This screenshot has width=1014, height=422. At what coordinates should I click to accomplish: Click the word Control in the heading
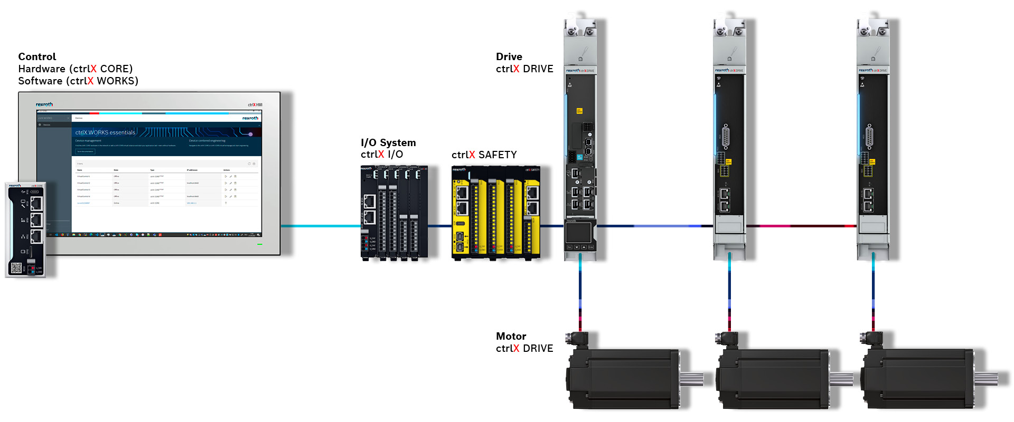pyautogui.click(x=37, y=56)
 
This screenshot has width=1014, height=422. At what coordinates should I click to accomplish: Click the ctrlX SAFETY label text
pyautogui.click(x=484, y=155)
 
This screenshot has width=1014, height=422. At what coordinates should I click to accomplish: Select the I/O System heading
pyautogui.click(x=388, y=142)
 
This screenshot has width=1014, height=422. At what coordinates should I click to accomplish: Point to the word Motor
pyautogui.click(x=511, y=336)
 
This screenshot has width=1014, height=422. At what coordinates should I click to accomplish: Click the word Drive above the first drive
pyautogui.click(x=509, y=56)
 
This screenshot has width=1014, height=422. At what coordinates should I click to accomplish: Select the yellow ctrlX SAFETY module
pyautogui.click(x=495, y=213)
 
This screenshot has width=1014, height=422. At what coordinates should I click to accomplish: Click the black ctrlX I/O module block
pyautogui.click(x=393, y=213)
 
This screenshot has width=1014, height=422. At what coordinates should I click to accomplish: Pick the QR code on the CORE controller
pyautogui.click(x=16, y=268)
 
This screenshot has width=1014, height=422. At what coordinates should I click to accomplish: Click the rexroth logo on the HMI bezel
pyautogui.click(x=44, y=104)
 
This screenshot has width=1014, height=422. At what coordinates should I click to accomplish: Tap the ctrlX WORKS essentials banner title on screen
pyautogui.click(x=105, y=132)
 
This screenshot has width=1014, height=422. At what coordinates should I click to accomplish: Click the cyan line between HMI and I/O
pyautogui.click(x=320, y=226)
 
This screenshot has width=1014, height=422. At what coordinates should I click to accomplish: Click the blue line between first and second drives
pyautogui.click(x=655, y=226)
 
